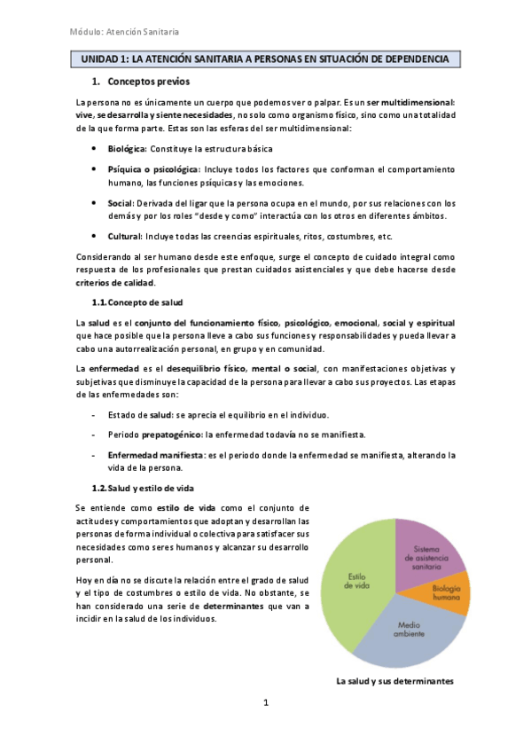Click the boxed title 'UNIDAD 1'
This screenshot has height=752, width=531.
[x=267, y=59]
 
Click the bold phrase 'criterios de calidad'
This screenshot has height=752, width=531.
[x=115, y=283]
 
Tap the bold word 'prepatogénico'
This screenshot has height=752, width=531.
[x=173, y=435]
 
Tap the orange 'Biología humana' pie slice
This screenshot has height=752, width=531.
[x=449, y=593]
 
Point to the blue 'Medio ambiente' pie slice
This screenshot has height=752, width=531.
[x=410, y=629]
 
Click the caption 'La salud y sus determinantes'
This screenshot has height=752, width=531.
[x=394, y=681]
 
